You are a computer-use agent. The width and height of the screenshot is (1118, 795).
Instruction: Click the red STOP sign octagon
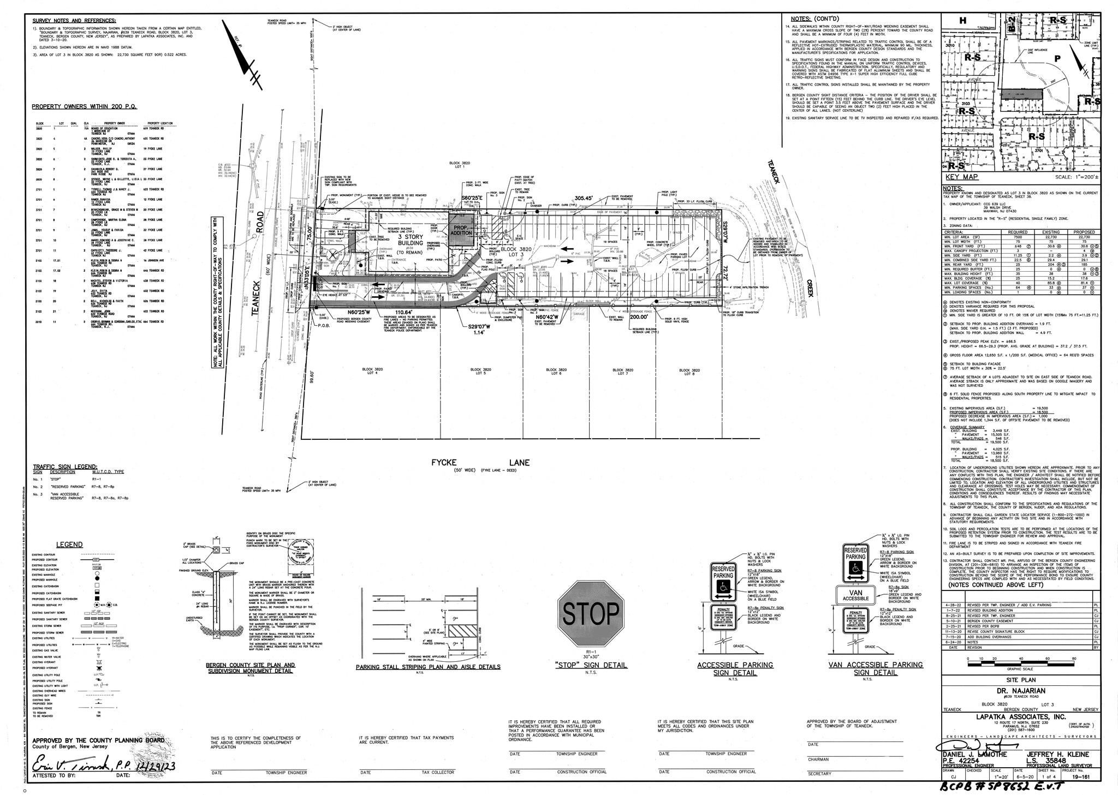591,614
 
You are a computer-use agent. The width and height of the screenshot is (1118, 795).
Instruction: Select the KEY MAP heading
961,177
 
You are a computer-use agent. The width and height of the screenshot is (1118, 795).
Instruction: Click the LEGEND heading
70,545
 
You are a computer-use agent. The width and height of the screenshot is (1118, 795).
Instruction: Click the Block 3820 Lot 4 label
370,371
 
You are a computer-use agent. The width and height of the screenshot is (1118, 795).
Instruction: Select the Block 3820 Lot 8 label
686,371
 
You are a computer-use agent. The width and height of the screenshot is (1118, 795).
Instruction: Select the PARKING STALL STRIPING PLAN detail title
427,667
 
